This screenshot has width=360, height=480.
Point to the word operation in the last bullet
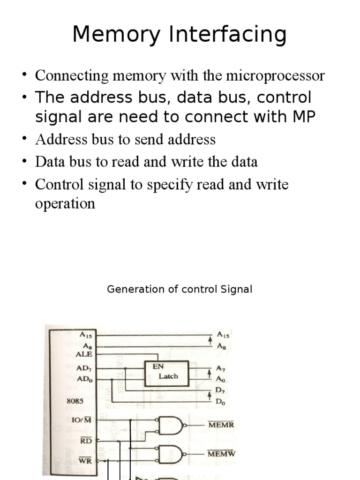65,203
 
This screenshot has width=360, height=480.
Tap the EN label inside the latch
158,367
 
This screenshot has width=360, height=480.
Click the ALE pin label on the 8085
84,354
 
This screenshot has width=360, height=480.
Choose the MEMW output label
221,454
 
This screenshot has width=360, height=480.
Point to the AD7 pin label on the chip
84,368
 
